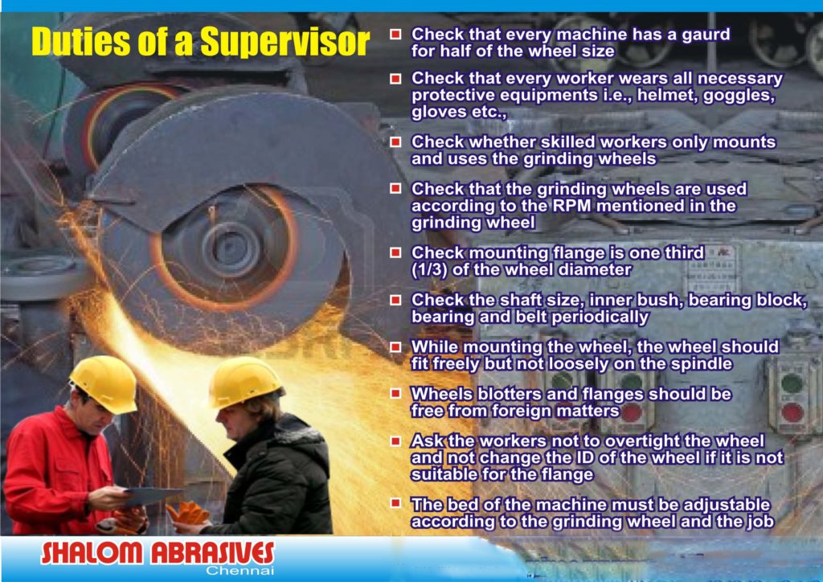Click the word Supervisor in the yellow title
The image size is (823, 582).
[285, 42]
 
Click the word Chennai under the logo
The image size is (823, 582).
[240, 571]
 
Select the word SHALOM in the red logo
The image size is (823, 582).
[92, 553]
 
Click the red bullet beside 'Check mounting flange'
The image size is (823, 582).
[395, 253]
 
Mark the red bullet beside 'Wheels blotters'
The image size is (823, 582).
[395, 394]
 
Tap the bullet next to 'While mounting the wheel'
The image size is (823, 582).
[395, 347]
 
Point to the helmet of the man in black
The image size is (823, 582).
[244, 382]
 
